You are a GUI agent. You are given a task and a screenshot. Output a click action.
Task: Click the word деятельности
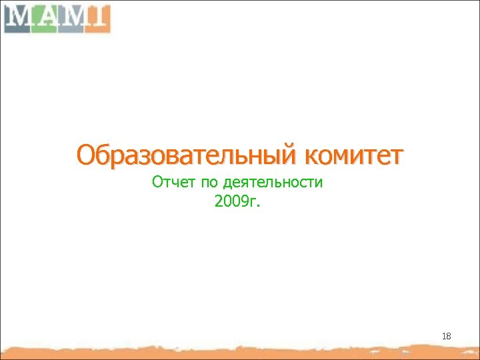pos(273,182)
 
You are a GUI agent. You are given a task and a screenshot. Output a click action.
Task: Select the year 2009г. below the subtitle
pos(238,201)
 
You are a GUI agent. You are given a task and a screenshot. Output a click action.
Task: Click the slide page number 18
pos(446,337)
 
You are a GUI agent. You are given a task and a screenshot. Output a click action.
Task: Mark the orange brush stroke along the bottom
pos(240,351)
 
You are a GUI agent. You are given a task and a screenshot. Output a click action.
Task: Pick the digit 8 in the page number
pos(448,337)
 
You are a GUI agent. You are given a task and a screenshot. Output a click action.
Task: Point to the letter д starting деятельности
pos(228,183)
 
